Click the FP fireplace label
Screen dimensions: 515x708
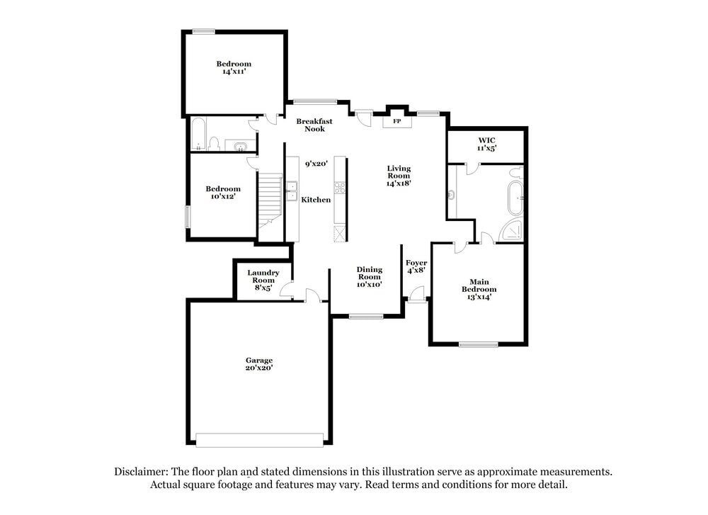[x=396, y=122]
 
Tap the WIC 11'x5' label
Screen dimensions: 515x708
[x=486, y=145]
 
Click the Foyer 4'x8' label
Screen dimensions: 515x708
[x=416, y=266]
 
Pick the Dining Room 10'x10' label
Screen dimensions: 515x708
[x=369, y=277]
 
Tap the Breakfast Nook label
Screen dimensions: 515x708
[x=314, y=125]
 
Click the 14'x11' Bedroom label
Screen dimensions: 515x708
[x=234, y=67]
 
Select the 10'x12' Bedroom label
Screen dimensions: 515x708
[x=223, y=193]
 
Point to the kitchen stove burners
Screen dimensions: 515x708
[x=340, y=188]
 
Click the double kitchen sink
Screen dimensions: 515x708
[x=292, y=191]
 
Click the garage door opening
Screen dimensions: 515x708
[x=259, y=440]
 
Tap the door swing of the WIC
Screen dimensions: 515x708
[x=473, y=168]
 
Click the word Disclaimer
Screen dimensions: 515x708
[x=141, y=472]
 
